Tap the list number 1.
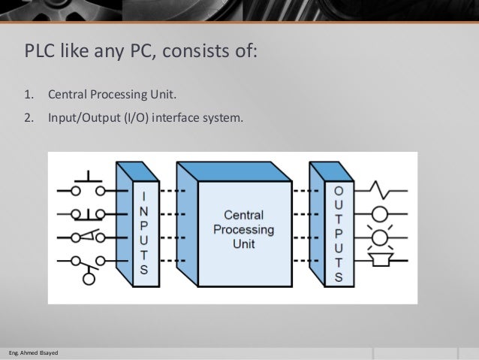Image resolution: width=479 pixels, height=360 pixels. click(30, 96)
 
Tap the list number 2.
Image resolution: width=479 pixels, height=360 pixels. click(30, 117)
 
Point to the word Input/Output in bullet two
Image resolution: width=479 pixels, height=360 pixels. click(82, 117)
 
